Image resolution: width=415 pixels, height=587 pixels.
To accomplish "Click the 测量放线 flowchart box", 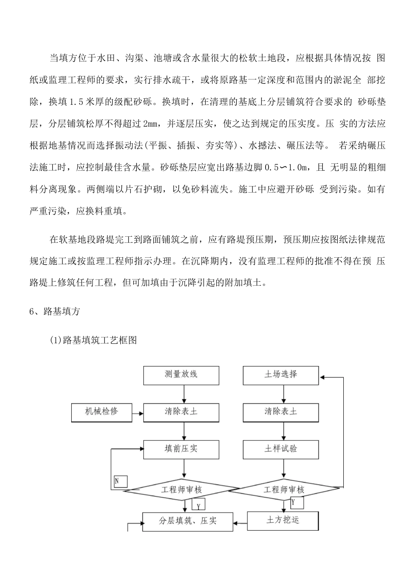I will pos(181,375).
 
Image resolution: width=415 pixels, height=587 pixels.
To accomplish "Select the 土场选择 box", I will pos(281,375).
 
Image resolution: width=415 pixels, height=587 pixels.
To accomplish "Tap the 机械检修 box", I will pos(102,412).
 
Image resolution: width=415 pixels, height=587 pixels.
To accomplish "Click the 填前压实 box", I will pos(181,449).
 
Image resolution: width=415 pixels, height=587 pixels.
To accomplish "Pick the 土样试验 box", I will pos(281,449).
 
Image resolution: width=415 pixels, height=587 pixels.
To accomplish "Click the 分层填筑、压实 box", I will pos(188,521).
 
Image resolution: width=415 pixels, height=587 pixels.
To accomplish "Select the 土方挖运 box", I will pos(283,520).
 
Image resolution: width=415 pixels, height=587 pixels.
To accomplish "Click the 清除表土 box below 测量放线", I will pos(181,412).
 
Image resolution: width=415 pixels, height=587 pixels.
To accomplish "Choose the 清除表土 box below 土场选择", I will pos(281,412).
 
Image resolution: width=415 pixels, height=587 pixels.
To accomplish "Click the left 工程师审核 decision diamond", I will pos(181,490).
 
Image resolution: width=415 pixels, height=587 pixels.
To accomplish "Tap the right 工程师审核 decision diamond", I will pos(284,490).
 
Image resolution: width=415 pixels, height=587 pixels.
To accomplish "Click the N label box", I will pos(120,481).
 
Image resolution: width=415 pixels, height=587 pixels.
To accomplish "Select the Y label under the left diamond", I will pos(198,505).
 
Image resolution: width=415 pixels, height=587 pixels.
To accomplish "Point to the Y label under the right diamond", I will pos(297,503).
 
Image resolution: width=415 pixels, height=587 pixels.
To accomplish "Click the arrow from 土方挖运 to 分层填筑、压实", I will pos(240,521).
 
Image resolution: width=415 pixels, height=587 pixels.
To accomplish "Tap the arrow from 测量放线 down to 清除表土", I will pos(184,394).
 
